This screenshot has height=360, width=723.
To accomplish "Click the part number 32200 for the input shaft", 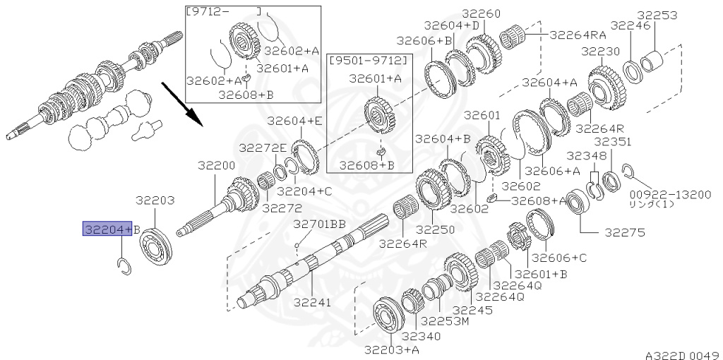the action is pyautogui.click(x=216, y=165).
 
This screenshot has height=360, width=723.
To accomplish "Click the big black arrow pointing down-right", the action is pyautogui.click(x=181, y=104).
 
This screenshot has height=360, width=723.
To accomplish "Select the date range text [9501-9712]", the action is pyautogui.click(x=369, y=61).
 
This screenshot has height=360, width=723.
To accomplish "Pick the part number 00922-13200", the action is pyautogui.click(x=671, y=194).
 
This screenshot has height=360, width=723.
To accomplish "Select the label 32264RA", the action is pyautogui.click(x=578, y=35).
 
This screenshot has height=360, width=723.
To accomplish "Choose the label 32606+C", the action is pyautogui.click(x=559, y=257).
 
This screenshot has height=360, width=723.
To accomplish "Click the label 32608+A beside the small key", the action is pyautogui.click(x=539, y=200).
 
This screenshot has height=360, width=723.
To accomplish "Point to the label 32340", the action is pyautogui.click(x=421, y=337).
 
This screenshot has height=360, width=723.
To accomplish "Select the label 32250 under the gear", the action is pyautogui.click(x=435, y=229).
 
